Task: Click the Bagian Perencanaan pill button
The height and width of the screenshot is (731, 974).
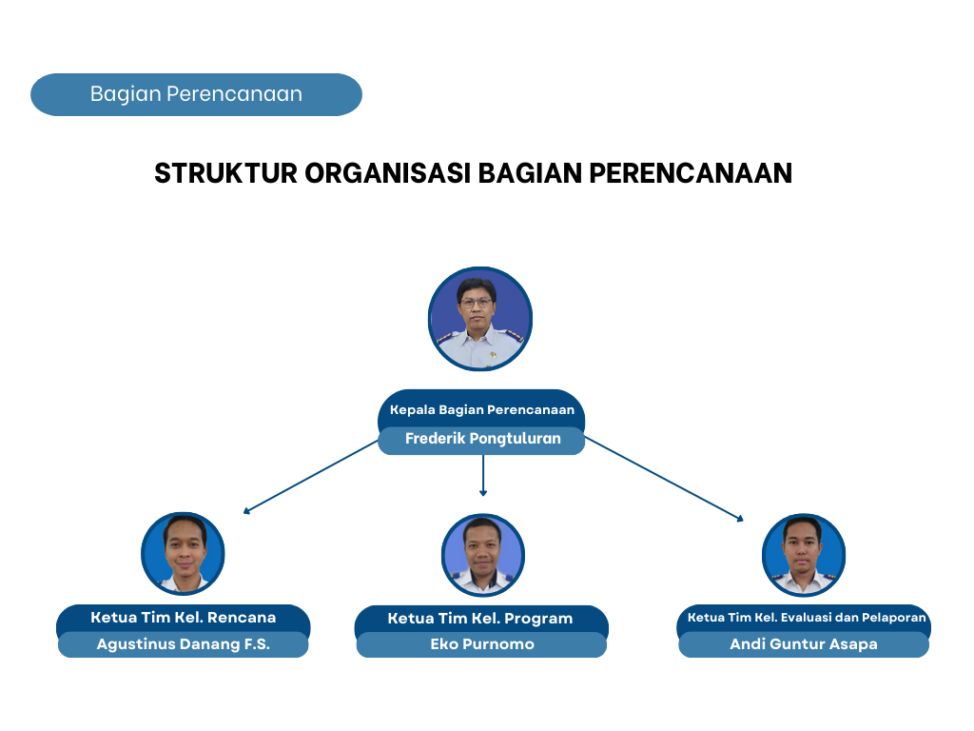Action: (x=196, y=94)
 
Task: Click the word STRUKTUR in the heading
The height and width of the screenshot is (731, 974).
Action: (x=225, y=173)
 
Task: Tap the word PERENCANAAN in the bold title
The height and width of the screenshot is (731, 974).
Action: (x=691, y=173)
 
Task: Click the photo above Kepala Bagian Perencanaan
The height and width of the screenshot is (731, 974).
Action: (x=480, y=319)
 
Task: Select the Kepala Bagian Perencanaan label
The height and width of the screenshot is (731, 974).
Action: (x=482, y=409)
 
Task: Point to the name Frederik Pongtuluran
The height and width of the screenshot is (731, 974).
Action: (x=482, y=439)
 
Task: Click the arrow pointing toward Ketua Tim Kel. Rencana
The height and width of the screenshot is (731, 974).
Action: (x=311, y=477)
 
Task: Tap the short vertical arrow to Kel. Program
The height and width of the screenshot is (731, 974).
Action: (x=482, y=476)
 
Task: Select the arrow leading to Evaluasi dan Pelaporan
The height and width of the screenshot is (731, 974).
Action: (x=664, y=479)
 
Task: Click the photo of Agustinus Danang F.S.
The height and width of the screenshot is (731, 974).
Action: (x=183, y=553)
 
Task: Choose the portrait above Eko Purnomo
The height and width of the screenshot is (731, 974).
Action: (x=482, y=555)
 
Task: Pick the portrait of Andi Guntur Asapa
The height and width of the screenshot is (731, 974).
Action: (x=803, y=555)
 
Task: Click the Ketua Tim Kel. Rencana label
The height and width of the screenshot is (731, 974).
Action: (x=184, y=617)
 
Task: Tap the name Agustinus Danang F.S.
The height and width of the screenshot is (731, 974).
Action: (x=184, y=644)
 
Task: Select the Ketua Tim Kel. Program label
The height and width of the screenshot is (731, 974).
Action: (x=480, y=619)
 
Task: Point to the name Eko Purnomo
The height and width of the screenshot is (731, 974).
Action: (x=482, y=644)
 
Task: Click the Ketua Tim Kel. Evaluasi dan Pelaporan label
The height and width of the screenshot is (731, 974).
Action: (x=807, y=617)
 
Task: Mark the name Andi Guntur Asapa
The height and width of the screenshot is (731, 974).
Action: (x=803, y=644)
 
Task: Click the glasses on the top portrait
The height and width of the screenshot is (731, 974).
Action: (x=477, y=303)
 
